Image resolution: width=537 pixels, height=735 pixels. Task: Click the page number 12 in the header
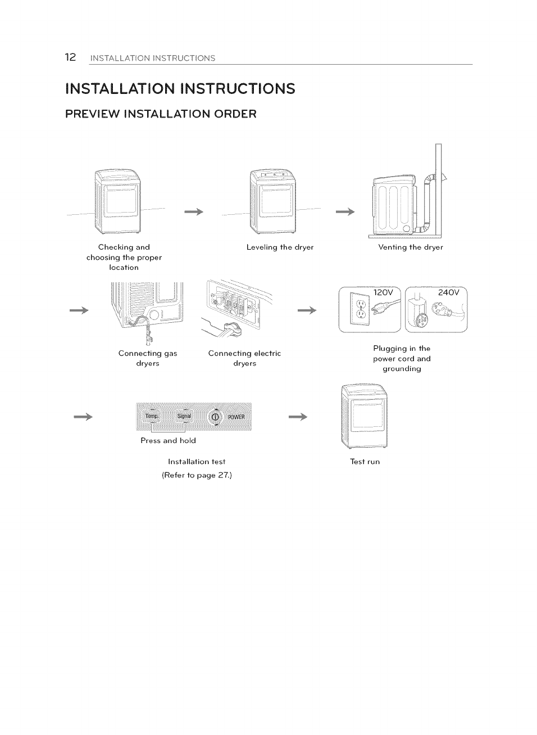point(70,57)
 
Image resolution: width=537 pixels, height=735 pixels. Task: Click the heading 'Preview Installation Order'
point(161,114)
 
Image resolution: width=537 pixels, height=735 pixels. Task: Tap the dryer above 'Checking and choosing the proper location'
point(117,201)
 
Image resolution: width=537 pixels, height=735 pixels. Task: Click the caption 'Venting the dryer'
point(411,247)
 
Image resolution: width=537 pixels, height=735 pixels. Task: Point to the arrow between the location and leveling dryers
point(194,212)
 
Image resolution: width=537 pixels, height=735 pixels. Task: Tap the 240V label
point(448,292)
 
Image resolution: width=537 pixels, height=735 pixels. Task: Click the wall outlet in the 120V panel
point(360,310)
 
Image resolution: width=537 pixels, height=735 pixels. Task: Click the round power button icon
point(215,417)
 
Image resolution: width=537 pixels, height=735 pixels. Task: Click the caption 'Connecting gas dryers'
point(148,358)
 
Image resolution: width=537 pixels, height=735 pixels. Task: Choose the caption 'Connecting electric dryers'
point(244,358)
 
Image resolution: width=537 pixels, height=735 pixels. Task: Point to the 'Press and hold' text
point(168,440)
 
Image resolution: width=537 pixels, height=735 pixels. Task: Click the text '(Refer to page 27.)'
point(197,475)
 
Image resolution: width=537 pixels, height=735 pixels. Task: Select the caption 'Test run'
point(365,462)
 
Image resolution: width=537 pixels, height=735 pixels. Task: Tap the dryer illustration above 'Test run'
point(365,416)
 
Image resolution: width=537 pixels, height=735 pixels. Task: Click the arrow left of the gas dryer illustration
point(79,311)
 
